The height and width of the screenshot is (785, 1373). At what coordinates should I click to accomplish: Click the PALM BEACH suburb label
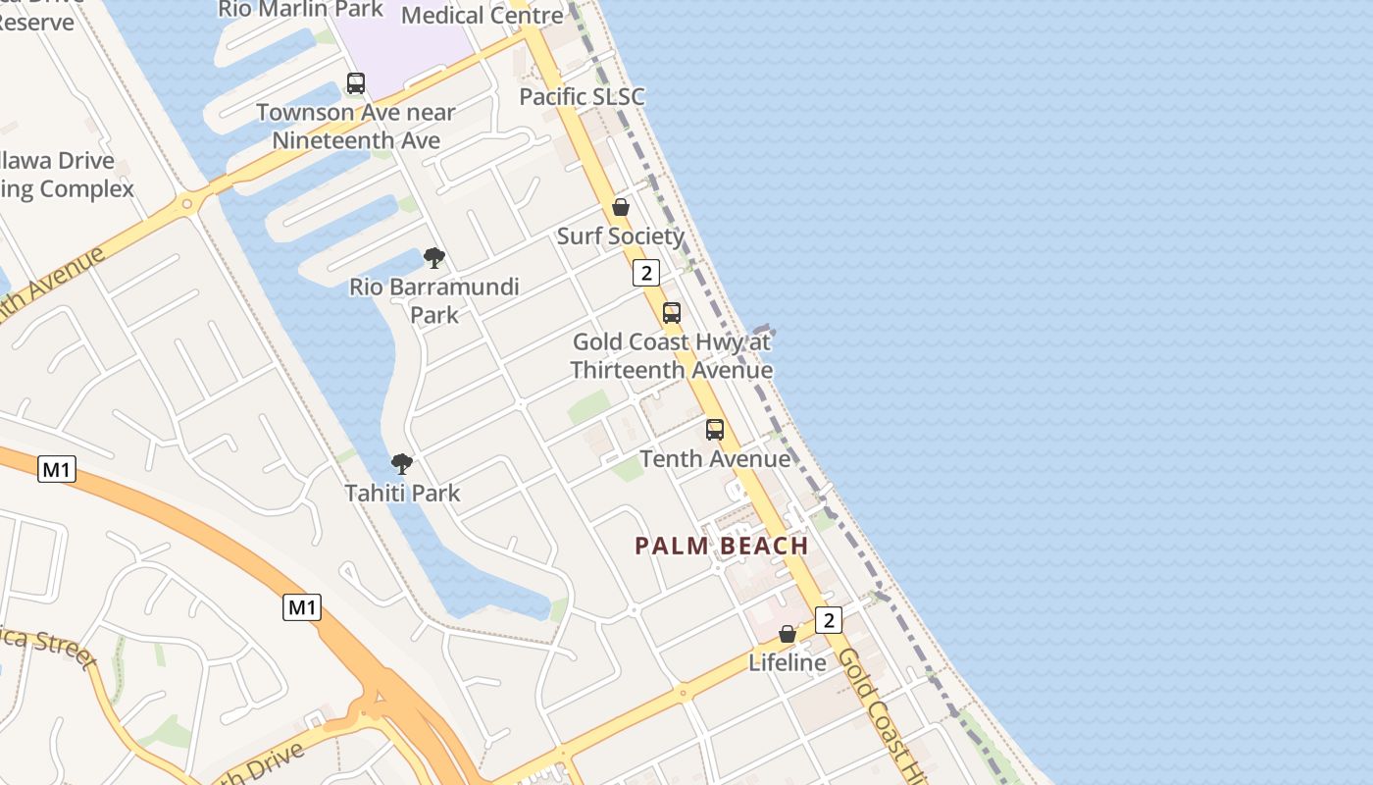722,546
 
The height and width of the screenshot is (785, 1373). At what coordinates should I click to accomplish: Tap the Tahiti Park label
402,493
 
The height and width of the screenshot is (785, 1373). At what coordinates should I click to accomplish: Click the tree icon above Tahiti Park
401,464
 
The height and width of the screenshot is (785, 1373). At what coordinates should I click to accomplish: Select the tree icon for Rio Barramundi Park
433,259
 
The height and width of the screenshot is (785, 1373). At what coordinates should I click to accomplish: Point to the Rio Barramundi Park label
434,300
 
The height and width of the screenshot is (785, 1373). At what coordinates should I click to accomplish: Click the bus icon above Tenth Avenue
715,430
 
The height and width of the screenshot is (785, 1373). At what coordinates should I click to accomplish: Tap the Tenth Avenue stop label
715,458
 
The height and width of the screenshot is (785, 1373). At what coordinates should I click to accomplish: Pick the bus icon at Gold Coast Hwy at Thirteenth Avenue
672,313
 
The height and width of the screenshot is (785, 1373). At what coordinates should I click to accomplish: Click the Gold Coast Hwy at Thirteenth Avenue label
672,356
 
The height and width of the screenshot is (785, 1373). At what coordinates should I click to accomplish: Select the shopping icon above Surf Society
621,207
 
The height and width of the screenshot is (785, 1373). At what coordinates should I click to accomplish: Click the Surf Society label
621,236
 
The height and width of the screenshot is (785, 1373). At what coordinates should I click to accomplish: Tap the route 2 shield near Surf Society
645,273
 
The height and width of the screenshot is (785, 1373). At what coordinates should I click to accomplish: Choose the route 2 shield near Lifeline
829,620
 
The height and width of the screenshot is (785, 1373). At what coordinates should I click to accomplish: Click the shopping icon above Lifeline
788,634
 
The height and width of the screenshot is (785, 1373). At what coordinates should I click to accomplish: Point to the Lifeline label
788,662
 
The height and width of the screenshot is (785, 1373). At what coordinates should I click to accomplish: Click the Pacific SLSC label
582,96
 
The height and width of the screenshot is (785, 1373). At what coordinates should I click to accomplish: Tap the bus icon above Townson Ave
356,83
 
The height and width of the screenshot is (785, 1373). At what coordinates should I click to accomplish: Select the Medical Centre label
483,15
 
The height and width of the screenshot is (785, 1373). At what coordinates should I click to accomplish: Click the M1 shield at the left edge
57,469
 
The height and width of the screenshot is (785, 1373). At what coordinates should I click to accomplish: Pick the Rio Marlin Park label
300,9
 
